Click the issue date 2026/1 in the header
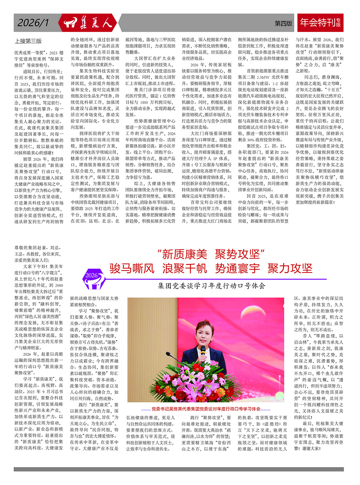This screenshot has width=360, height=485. pyautogui.click(x=33, y=23)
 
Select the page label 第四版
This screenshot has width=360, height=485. pyautogui.click(x=283, y=23)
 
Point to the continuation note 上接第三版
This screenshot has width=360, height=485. pyautogui.click(x=28, y=41)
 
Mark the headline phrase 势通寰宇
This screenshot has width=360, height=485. pyautogui.click(x=237, y=268)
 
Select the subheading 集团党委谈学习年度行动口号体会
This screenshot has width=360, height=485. pyautogui.click(x=212, y=286)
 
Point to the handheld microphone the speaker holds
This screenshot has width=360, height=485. pyautogui.click(x=203, y=351)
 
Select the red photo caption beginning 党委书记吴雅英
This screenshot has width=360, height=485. pyautogui.click(x=206, y=409)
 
